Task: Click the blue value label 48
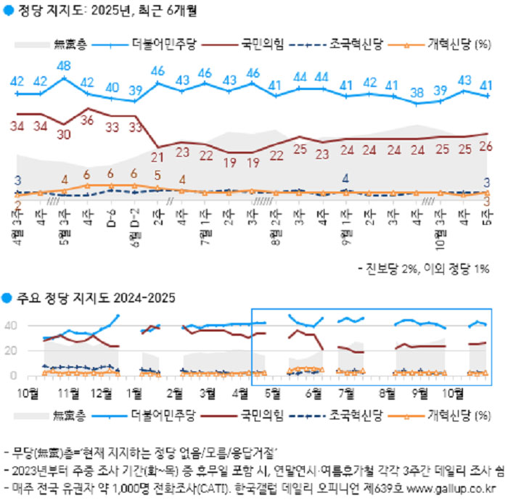pyautogui.click(x=63, y=66)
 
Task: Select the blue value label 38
pyautogui.click(x=417, y=92)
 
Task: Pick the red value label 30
pyautogui.click(x=63, y=134)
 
